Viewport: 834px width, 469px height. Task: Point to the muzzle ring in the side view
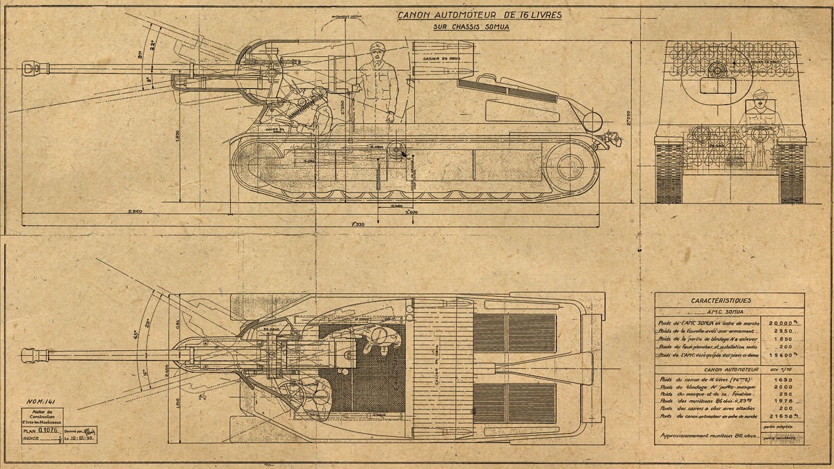(x=30, y=68)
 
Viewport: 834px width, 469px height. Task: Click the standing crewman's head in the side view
(x=376, y=50)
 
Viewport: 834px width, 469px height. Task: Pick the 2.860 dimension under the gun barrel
(x=135, y=211)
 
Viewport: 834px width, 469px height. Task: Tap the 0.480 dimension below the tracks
(x=396, y=206)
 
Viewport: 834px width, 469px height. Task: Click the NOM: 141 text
(x=42, y=402)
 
